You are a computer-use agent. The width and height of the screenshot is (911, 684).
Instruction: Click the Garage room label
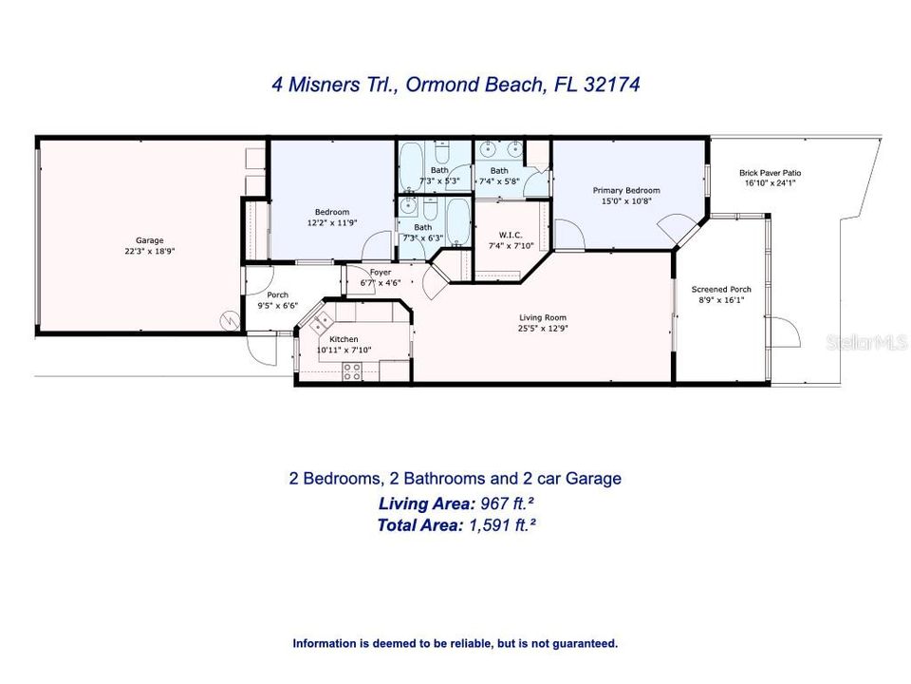click(x=149, y=240)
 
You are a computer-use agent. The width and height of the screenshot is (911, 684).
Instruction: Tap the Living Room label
click(x=543, y=317)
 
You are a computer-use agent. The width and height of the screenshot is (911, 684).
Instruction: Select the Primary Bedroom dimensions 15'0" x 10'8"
click(x=626, y=201)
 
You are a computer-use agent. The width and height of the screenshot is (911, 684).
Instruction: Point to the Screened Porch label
click(x=721, y=289)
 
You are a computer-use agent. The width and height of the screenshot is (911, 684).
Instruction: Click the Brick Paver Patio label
click(x=770, y=173)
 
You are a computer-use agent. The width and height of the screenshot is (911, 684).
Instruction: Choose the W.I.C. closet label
click(x=511, y=235)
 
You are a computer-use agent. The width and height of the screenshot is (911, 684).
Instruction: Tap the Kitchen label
click(x=344, y=339)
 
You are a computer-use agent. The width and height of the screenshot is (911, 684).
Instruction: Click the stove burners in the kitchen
click(x=351, y=371)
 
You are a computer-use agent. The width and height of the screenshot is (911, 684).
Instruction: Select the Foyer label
click(x=381, y=273)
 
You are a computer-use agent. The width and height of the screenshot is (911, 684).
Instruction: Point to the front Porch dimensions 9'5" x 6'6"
click(x=278, y=306)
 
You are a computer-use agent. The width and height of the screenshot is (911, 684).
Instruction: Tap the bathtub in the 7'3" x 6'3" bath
click(x=458, y=221)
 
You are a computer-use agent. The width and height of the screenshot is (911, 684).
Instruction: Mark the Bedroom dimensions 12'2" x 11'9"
click(x=332, y=222)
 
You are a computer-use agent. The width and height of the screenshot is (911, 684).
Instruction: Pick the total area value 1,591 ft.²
click(x=502, y=524)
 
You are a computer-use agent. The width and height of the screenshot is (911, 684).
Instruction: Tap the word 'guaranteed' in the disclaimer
click(x=586, y=643)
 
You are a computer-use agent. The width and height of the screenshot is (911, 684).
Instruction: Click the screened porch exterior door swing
click(x=786, y=333)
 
